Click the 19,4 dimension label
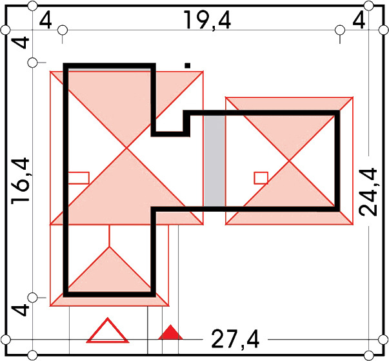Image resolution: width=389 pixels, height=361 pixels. coord(207,21)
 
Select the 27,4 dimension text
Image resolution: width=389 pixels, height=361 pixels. coord(235,340)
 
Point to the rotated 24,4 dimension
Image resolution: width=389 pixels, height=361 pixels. coord(368,192)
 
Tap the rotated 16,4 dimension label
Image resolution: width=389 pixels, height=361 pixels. coord(21,181)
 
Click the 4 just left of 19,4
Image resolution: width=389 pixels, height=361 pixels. coord(46,21)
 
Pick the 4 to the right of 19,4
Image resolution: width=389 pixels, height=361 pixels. coord(359,20)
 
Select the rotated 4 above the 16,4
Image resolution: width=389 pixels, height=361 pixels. coord(21,42)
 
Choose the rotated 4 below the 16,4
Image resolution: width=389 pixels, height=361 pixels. coord(21,310)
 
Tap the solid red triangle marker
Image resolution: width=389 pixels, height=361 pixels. coord(170,332)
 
